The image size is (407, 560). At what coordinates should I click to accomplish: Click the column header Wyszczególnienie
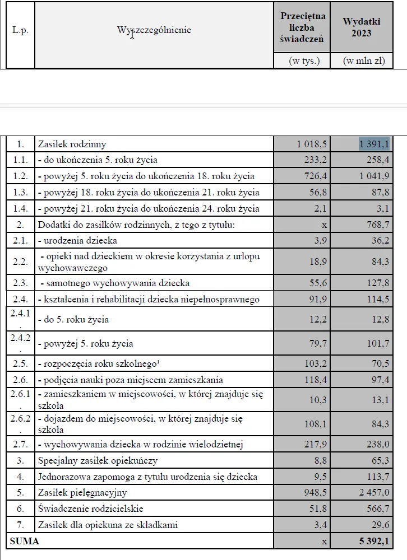[x=154, y=30]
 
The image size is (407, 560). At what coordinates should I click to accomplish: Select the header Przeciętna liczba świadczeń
[x=303, y=27]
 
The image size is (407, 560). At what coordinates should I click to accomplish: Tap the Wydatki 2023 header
[x=362, y=27]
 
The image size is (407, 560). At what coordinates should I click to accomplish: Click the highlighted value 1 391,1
[x=374, y=144]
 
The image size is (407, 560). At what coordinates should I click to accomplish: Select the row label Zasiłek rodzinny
[x=72, y=144]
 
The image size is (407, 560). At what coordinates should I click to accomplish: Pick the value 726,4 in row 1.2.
[x=313, y=176]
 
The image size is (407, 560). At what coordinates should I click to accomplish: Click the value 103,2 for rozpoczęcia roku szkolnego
[x=313, y=363]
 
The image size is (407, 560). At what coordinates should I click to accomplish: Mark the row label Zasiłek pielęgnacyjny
[x=82, y=493]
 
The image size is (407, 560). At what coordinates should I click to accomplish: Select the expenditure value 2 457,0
[x=374, y=493]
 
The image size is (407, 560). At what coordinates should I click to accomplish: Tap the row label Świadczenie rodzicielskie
[x=90, y=508]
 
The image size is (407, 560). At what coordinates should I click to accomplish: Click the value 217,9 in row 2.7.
[x=313, y=444]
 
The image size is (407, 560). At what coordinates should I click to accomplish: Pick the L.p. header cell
[x=20, y=30]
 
